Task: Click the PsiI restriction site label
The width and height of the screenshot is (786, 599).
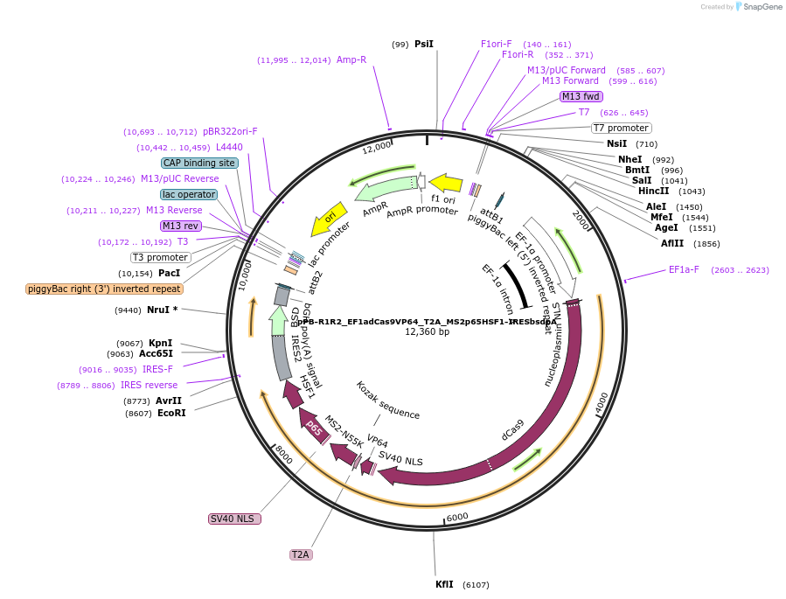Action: point(424,44)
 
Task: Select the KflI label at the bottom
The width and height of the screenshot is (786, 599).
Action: point(444,584)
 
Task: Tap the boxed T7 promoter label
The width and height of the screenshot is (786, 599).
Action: point(621,128)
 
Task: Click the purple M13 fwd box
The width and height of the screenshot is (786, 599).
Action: point(581,96)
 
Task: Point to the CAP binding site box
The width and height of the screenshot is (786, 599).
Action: point(199,163)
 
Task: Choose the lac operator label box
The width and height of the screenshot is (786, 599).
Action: point(188,194)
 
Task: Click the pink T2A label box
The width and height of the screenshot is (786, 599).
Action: point(301,554)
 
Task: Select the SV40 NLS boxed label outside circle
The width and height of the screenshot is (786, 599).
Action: point(234,519)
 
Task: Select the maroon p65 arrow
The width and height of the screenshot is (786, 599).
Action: point(313,428)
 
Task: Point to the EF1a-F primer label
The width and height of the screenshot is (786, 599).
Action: point(684,269)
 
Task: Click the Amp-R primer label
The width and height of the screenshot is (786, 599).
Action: point(351,59)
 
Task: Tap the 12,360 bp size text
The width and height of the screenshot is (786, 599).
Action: point(427,332)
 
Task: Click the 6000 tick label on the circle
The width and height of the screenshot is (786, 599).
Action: point(458,517)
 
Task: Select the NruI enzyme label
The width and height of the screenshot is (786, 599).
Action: point(160,310)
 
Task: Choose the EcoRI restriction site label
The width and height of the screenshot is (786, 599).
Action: point(171,413)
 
